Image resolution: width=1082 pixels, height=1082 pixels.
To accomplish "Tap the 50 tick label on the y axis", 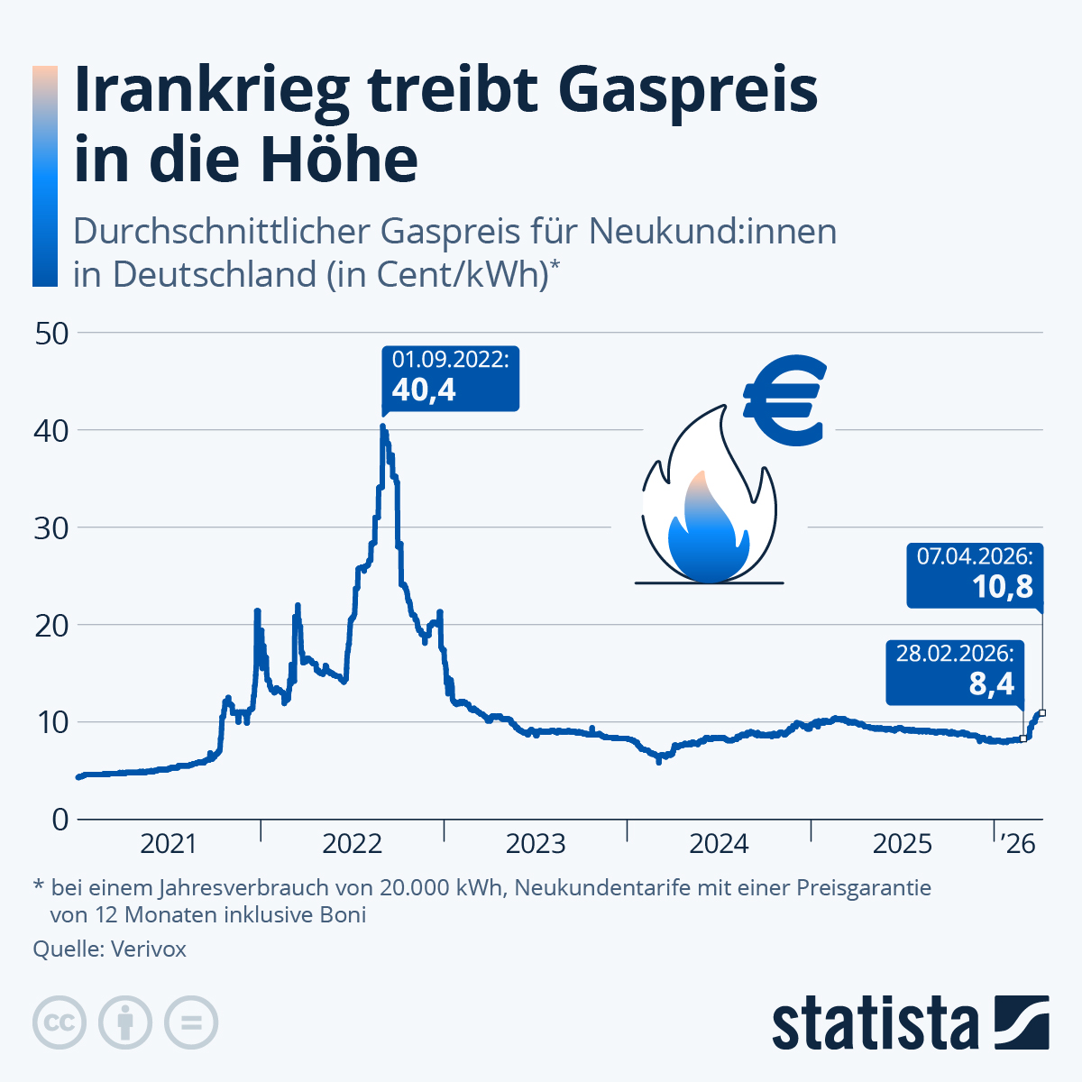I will [51, 333].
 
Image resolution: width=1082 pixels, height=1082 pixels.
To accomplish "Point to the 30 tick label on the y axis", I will [51, 527].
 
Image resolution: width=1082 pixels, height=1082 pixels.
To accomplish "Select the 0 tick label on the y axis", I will [60, 819].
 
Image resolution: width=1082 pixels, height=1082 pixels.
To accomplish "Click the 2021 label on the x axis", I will [169, 844].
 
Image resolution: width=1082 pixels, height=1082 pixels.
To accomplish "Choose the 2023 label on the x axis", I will [536, 844].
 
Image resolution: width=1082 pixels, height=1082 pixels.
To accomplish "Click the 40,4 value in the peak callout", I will [424, 390].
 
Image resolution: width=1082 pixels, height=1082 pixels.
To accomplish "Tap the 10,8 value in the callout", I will [1002, 588].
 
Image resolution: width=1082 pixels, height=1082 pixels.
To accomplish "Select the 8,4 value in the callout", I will [992, 684].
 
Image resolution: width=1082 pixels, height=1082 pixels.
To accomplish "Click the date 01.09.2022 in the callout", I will [450, 360].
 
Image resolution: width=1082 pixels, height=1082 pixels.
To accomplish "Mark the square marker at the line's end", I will [1042, 713].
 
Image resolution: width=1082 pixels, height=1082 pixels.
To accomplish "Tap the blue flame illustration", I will [708, 532].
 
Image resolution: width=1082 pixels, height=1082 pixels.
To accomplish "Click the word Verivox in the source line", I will [148, 949].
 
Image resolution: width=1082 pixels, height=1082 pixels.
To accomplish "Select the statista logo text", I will [875, 1023].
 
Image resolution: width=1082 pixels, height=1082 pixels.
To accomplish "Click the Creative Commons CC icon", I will [60, 1023].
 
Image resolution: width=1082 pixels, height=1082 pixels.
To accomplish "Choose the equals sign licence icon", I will [191, 1023].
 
